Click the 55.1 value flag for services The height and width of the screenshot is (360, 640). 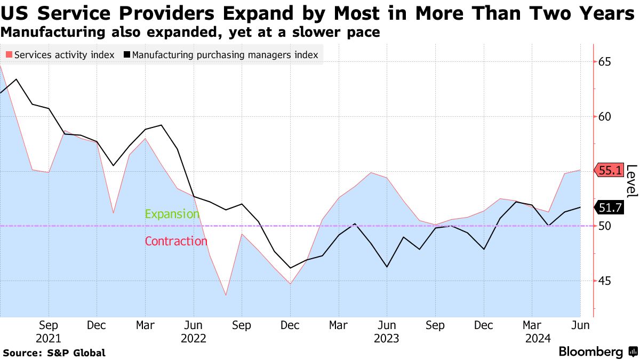point(609,171)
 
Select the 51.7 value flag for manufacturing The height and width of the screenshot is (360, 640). point(609,207)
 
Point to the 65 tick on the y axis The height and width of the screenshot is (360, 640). point(604,62)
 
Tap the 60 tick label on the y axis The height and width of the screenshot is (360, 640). point(604,117)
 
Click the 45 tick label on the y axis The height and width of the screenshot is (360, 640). point(604,281)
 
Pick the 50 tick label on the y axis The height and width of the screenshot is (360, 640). point(604,226)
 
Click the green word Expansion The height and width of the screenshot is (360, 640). point(172,214)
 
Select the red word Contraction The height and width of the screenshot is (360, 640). point(176,241)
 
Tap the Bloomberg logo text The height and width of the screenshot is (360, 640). point(590,352)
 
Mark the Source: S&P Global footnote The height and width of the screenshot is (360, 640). point(54,353)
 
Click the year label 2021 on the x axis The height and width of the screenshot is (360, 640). point(49,338)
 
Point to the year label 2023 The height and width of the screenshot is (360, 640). point(387,338)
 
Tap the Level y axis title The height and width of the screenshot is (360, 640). point(631,181)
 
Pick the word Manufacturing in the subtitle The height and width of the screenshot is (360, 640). point(52,33)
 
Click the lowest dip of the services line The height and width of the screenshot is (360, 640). point(226,295)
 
